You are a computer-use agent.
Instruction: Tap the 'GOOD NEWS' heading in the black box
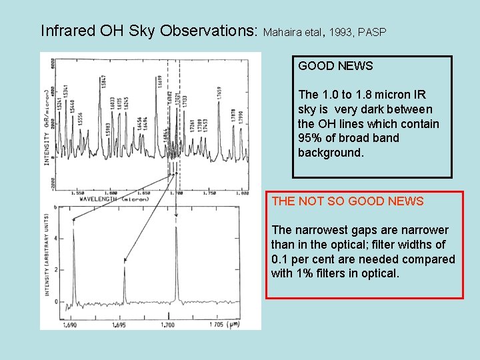(x=335, y=66)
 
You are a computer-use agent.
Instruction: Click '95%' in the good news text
(x=310, y=138)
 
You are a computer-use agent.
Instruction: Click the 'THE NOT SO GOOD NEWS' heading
(x=347, y=201)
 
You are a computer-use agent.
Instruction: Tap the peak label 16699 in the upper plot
(x=160, y=83)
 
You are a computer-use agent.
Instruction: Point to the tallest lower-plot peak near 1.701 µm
(x=176, y=229)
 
